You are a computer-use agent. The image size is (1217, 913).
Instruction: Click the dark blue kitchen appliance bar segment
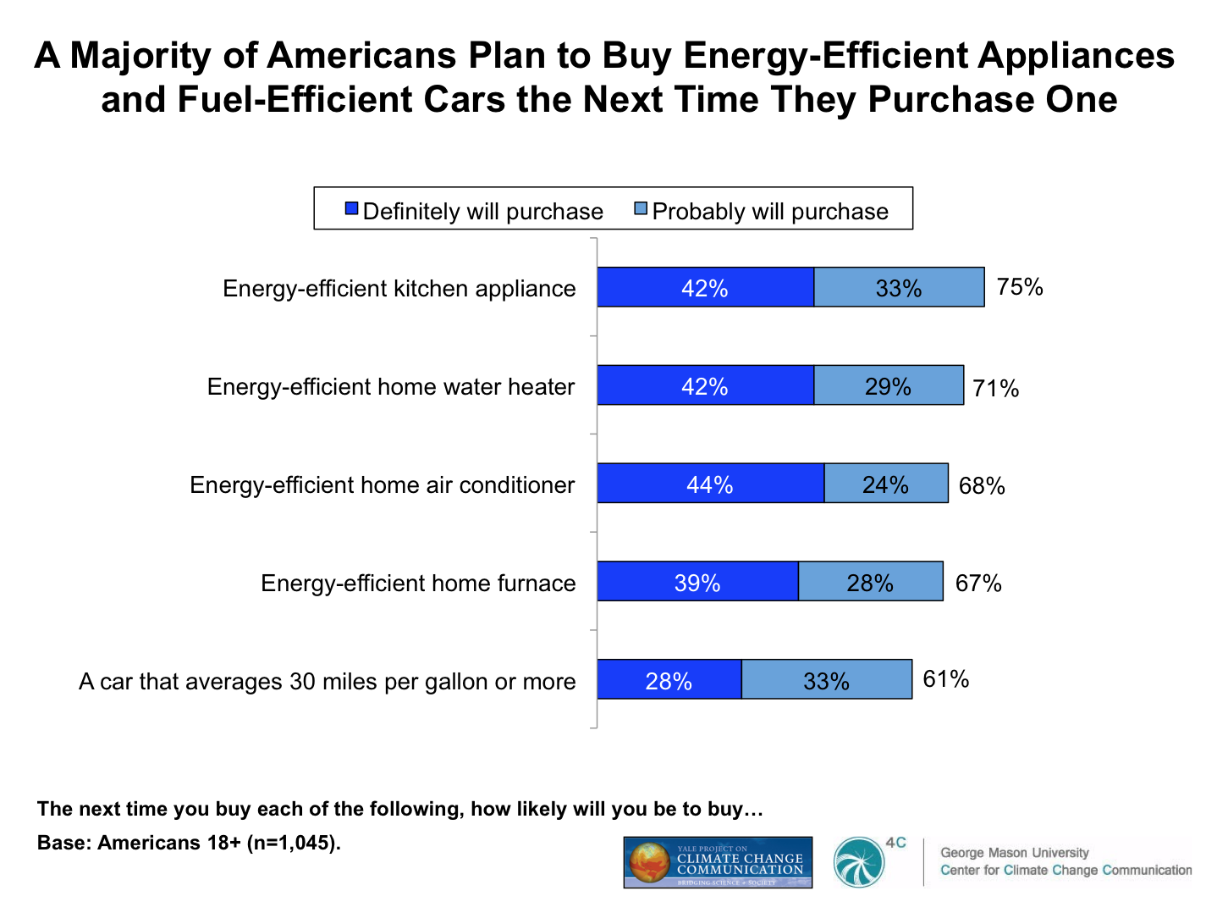pos(705,287)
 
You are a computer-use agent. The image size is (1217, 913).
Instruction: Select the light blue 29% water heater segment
pos(888,385)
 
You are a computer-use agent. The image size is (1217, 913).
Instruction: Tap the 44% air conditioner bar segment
pos(710,484)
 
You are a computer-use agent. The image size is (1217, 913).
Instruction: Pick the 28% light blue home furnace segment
pos(870,582)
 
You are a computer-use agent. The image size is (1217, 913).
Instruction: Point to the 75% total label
pos(1020,287)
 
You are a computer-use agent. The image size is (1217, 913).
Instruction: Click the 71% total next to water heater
pos(996,388)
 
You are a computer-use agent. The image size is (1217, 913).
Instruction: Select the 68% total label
pos(982,485)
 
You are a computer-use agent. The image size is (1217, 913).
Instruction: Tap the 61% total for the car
pos(946,679)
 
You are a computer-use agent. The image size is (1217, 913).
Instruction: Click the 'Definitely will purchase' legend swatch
pos(352,209)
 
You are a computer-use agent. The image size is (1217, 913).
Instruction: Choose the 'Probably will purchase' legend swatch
pos(642,209)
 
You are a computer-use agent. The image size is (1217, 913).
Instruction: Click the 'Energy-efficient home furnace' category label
pos(418,583)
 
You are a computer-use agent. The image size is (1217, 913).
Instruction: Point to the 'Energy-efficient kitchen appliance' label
pos(399,288)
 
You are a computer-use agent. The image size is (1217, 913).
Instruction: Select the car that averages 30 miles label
pos(327,681)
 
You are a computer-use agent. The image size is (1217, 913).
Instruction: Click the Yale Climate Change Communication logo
pos(718,862)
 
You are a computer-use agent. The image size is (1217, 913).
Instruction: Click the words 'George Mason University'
pos(1014,852)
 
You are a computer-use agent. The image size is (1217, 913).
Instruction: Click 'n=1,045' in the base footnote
pos(292,843)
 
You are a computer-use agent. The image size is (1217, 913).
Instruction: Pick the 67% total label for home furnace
pos(978,583)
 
